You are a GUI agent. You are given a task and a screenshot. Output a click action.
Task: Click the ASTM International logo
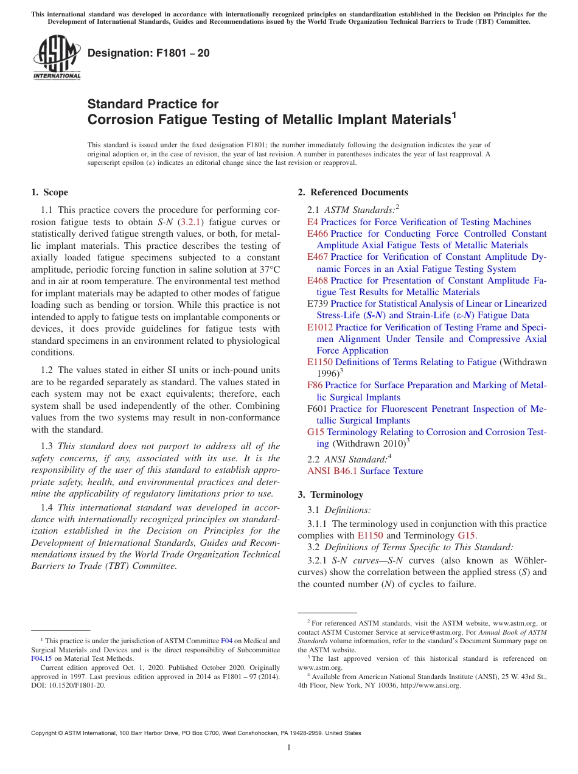[x=57, y=57]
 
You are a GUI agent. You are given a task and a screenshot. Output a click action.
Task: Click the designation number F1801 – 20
[x=148, y=53]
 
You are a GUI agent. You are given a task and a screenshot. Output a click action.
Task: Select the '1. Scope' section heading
[x=49, y=192]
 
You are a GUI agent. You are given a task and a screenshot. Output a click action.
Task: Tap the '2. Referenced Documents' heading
[x=353, y=192]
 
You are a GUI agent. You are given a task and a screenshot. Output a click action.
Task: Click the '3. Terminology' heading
[x=330, y=494]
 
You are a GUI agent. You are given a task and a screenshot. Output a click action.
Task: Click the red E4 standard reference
[x=313, y=222]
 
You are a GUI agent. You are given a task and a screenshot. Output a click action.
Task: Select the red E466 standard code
[x=318, y=234]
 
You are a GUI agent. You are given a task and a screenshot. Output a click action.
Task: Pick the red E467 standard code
[x=318, y=257]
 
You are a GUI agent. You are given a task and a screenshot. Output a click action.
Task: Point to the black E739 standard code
[x=318, y=304]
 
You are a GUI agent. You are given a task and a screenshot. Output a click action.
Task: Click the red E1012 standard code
[x=320, y=327]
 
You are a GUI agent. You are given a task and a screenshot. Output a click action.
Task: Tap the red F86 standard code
[x=315, y=385]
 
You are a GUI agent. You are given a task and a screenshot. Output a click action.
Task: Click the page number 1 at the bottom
[x=289, y=747]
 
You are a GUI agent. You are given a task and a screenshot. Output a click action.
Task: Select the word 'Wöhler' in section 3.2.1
[x=529, y=560]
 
